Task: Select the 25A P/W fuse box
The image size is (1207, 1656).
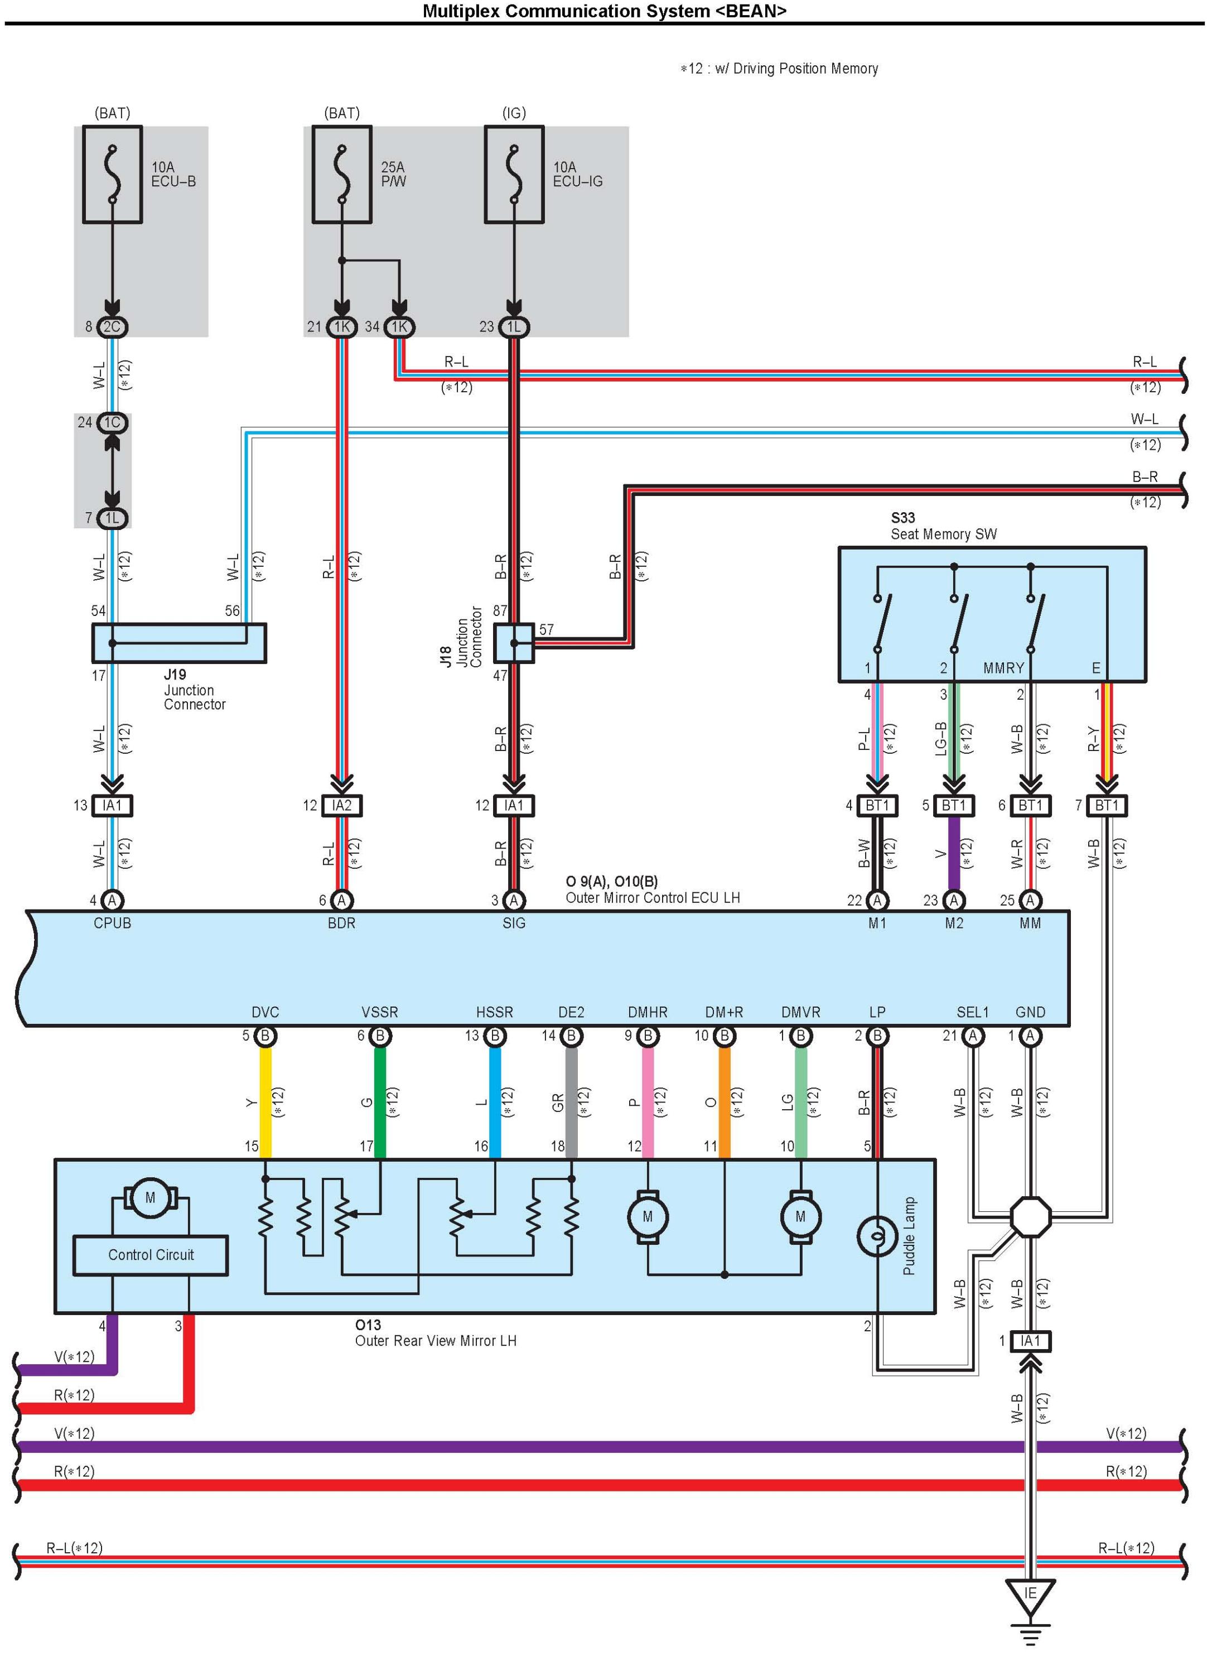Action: click(x=341, y=174)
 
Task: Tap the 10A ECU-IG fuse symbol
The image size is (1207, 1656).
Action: click(x=514, y=174)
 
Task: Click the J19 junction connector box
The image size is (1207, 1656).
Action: click(x=178, y=643)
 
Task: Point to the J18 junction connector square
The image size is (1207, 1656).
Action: click(x=514, y=643)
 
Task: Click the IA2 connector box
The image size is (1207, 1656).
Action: click(x=341, y=805)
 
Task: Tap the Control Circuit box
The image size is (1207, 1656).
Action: click(x=151, y=1255)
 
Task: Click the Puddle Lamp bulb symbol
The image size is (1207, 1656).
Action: click(x=877, y=1236)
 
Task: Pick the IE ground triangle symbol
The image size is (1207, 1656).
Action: click(x=1030, y=1595)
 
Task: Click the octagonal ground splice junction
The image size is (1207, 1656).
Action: click(x=1030, y=1217)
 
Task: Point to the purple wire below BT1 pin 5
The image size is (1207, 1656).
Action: click(x=953, y=854)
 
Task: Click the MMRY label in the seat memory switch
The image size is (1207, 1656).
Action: click(x=1003, y=668)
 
